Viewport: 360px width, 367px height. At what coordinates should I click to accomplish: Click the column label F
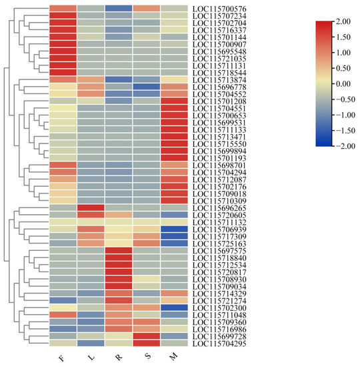(62, 359)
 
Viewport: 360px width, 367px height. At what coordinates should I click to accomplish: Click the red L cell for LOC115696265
(91, 207)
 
